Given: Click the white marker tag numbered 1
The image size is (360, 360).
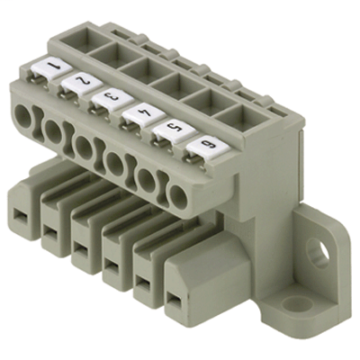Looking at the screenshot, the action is click(51, 68).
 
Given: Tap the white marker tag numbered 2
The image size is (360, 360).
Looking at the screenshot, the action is click(82, 83).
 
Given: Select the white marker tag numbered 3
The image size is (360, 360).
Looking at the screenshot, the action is click(112, 98).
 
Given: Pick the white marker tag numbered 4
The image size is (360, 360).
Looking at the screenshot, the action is click(144, 114).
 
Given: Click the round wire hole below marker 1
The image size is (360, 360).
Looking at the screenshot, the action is click(22, 116).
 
